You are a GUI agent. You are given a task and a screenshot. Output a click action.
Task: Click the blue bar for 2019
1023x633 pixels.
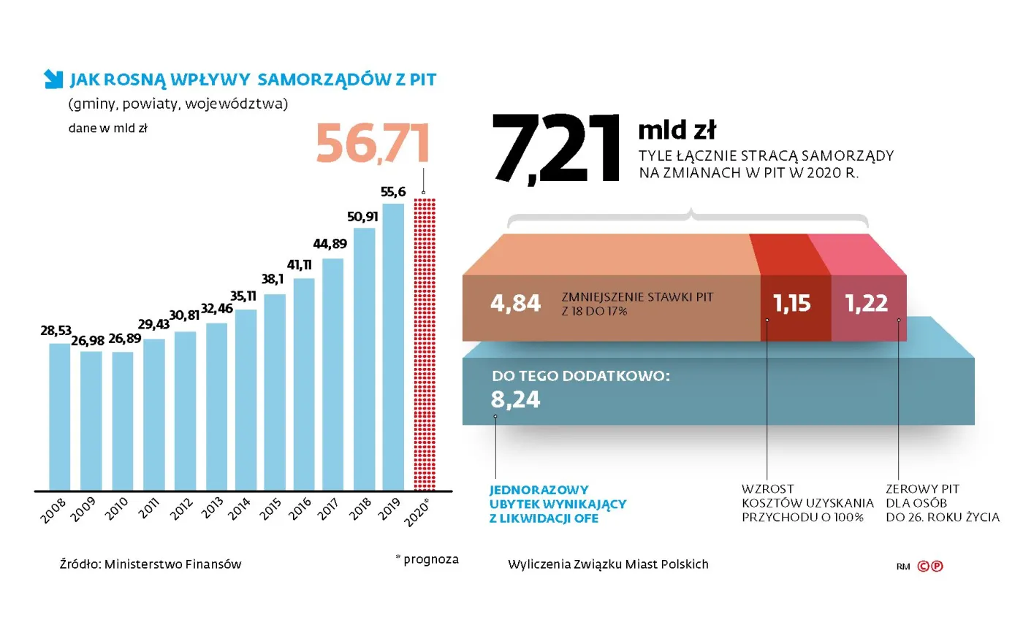pyautogui.click(x=393, y=347)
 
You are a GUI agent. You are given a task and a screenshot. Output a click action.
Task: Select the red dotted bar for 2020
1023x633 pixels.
pyautogui.click(x=424, y=343)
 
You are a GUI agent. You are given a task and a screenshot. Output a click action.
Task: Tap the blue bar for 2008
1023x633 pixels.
pyautogui.click(x=59, y=416)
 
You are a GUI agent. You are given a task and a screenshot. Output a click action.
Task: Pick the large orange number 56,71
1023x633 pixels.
pyautogui.click(x=372, y=144)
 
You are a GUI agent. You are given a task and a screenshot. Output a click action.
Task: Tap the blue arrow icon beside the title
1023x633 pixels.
pyautogui.click(x=53, y=79)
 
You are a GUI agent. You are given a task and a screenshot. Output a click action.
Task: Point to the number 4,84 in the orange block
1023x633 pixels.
pyautogui.click(x=516, y=303)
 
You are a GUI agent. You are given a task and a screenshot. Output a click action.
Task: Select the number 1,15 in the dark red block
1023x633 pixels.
pyautogui.click(x=794, y=303)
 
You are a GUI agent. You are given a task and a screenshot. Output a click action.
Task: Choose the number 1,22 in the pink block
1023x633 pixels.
pyautogui.click(x=867, y=303)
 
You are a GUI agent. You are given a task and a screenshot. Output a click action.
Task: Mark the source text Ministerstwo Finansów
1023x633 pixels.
pyautogui.click(x=151, y=564)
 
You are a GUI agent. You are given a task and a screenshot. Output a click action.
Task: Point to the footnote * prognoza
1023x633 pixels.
pyautogui.click(x=427, y=559)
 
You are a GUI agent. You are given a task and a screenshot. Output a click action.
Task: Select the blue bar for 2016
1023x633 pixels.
pyautogui.click(x=303, y=383)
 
